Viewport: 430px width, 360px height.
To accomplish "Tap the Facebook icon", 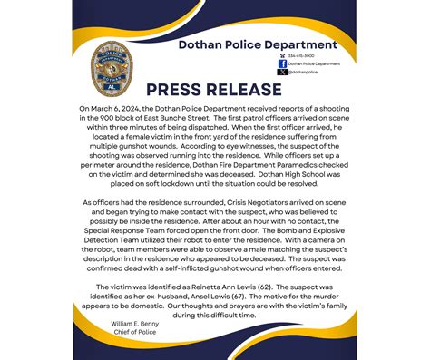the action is point(282,63).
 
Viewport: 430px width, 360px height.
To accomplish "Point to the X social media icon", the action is point(282,72).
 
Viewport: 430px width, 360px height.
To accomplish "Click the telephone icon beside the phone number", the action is point(282,56).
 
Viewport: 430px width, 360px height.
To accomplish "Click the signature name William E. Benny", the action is point(136,323).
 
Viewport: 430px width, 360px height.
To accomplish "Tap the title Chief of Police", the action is point(134,332).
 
